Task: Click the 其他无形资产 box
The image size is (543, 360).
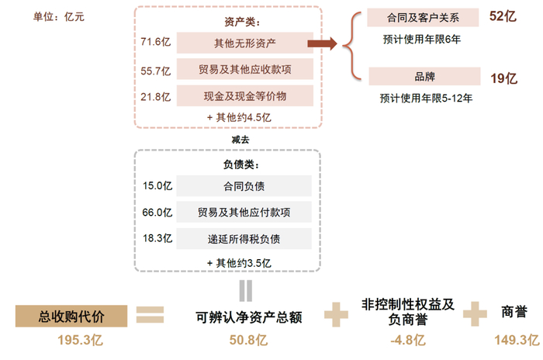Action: [x=244, y=43]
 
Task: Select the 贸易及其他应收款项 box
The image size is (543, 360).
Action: [x=244, y=70]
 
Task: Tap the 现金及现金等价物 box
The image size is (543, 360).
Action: [x=244, y=95]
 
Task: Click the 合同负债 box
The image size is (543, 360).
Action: [x=244, y=185]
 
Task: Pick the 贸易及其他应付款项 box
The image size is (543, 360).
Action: [x=244, y=212]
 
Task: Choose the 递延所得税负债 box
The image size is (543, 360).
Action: [x=244, y=237]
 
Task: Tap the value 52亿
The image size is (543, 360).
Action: [x=503, y=16]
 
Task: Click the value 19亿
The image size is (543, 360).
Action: [x=503, y=78]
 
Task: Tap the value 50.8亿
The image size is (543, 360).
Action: [x=247, y=340]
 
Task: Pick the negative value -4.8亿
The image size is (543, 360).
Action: [x=408, y=340]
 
